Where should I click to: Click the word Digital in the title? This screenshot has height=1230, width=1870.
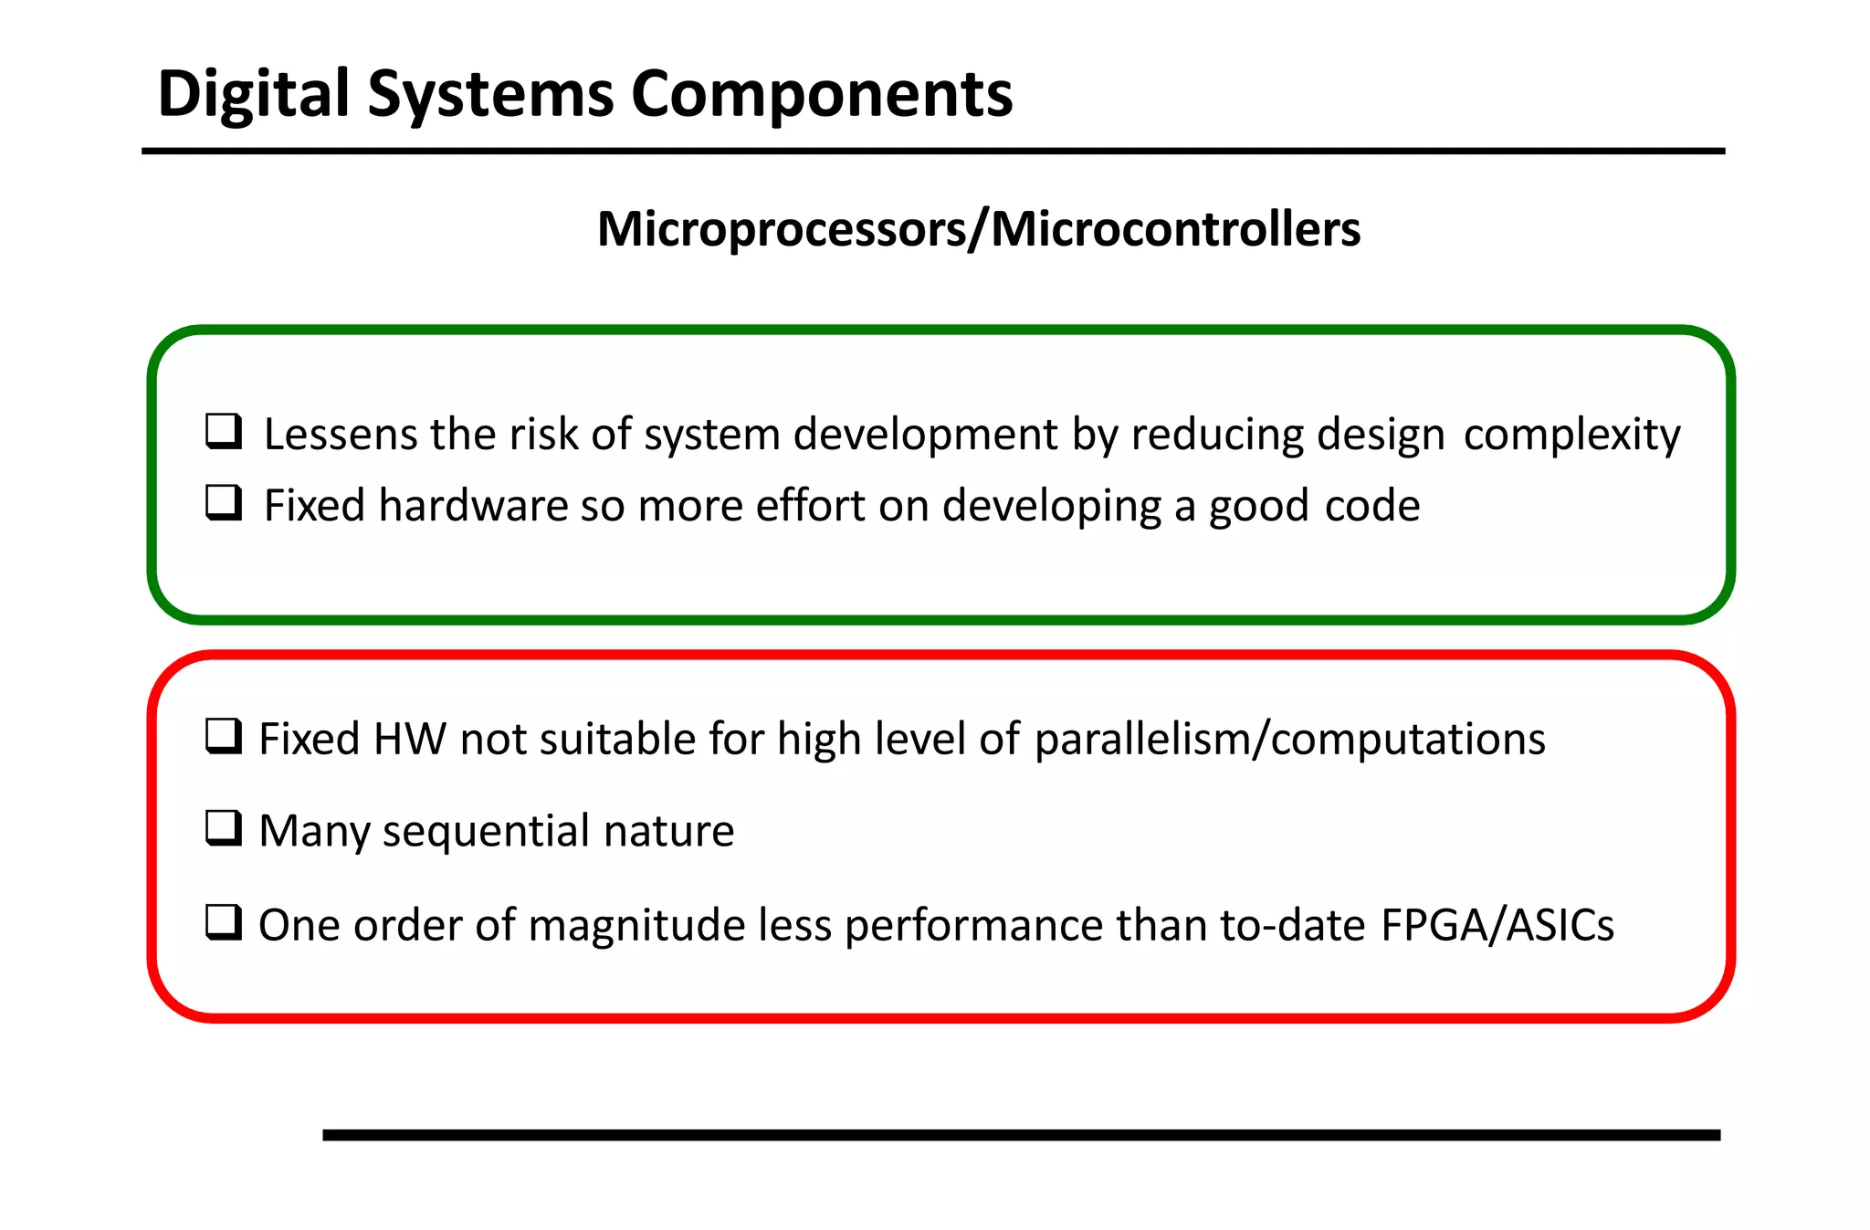(x=253, y=95)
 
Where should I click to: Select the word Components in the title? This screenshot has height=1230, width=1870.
(x=822, y=95)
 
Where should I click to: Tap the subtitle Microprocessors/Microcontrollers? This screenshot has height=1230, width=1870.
(x=978, y=229)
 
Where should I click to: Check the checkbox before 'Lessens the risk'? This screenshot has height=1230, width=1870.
(x=224, y=431)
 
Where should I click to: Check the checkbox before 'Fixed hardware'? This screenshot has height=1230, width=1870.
(x=224, y=502)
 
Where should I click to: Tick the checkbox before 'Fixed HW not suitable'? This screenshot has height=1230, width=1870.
(x=224, y=736)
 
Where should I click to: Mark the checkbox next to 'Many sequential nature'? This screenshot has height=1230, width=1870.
(x=224, y=828)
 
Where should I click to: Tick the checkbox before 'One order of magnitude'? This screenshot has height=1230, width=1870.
(x=224, y=922)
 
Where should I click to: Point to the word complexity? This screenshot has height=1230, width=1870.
(x=1571, y=435)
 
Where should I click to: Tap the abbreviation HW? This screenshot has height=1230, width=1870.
(x=410, y=739)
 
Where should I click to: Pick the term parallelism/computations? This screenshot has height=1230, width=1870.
(x=1289, y=739)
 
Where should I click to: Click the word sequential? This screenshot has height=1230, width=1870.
(x=486, y=832)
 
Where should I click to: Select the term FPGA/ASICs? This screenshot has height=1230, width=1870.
(x=1497, y=925)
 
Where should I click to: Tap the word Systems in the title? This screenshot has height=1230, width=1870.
(x=490, y=95)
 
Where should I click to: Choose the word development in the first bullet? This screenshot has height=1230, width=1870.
(x=925, y=435)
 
